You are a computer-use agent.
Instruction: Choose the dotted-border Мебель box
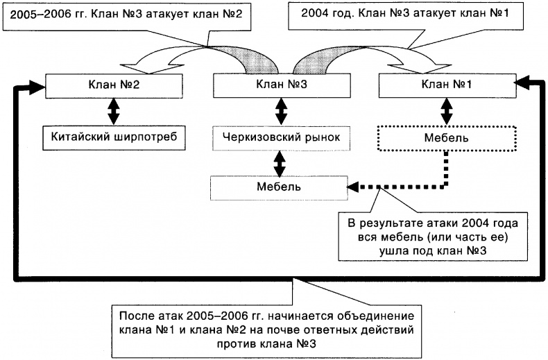[x=446, y=137]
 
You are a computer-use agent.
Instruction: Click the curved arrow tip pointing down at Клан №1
[x=416, y=68]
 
